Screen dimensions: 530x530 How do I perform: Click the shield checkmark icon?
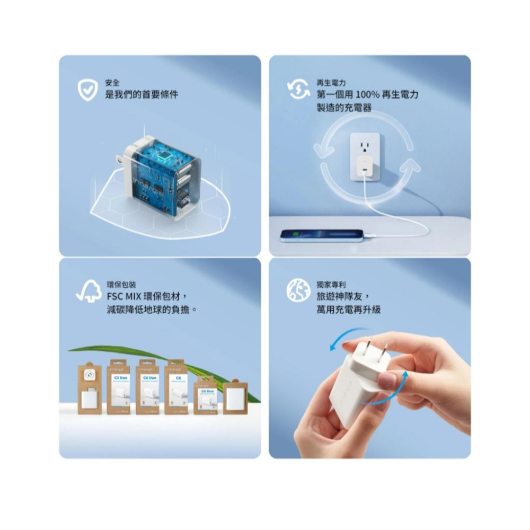click(88, 90)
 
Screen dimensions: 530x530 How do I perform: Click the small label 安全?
click(113, 83)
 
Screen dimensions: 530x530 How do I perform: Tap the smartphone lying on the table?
click(322, 235)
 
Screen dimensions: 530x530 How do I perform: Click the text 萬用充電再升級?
click(348, 308)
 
